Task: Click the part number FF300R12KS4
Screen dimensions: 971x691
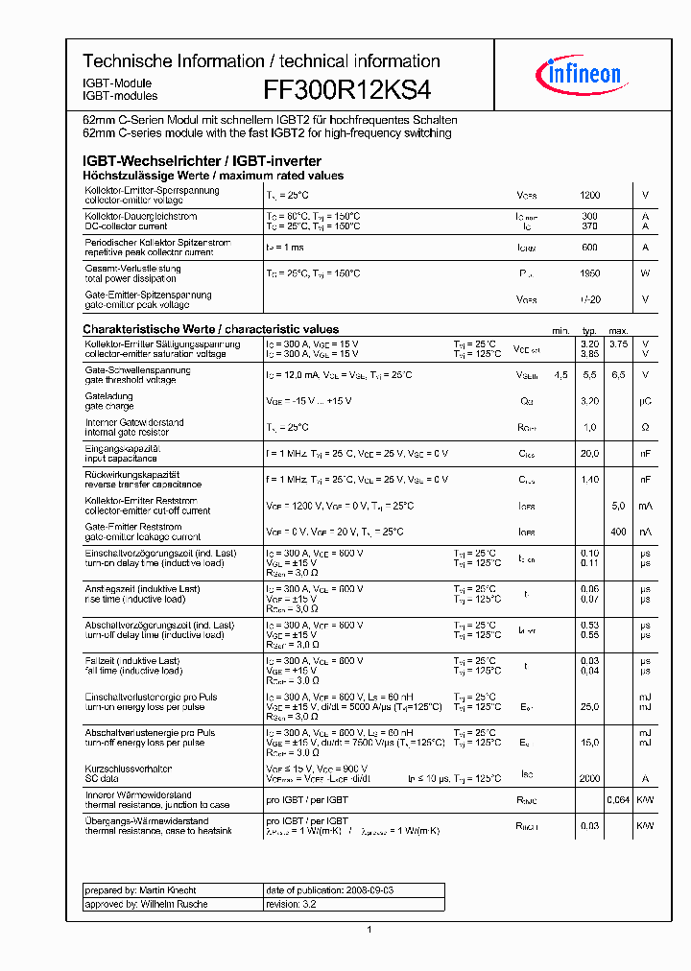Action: (x=346, y=89)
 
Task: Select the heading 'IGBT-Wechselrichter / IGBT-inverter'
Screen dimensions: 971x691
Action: (x=202, y=161)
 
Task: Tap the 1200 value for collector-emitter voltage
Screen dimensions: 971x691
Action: (x=589, y=195)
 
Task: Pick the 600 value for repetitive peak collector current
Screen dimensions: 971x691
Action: (x=589, y=248)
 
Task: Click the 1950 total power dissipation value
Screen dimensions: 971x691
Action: (x=589, y=273)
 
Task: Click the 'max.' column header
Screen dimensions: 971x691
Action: (x=618, y=330)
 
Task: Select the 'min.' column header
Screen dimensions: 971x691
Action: (x=560, y=330)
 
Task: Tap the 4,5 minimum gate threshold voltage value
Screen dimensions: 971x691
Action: (x=560, y=374)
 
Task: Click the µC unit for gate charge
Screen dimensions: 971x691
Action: (x=645, y=401)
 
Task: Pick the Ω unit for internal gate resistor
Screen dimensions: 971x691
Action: (x=645, y=427)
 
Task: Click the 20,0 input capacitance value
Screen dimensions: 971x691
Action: (x=589, y=453)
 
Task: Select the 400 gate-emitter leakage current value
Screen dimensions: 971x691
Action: (x=618, y=532)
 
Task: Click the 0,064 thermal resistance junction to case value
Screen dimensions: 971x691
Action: (x=618, y=799)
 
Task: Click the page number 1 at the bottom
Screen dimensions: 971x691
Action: (x=369, y=930)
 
